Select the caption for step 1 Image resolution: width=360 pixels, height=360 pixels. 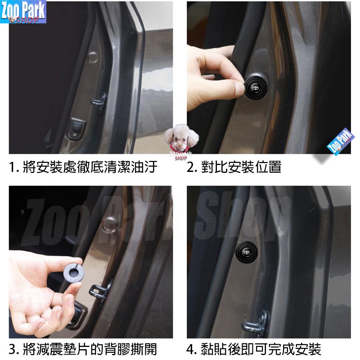83,168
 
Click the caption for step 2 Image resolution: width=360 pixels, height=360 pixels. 234,168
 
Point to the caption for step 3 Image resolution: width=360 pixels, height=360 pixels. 83,349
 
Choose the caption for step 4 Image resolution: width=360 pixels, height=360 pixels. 254,349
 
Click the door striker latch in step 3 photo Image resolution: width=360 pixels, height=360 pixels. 100,290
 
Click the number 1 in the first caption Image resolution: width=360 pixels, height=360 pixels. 12,168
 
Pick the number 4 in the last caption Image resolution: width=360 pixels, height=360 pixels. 191,349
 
